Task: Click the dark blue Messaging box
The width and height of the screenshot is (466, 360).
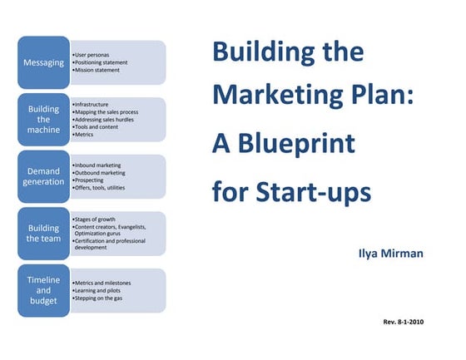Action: coord(43,62)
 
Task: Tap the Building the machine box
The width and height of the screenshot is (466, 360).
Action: coord(43,119)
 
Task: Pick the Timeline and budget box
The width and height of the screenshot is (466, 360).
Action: coord(43,290)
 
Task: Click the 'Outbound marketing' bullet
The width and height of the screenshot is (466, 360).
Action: coord(101,172)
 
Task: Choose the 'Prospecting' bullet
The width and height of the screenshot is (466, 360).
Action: coord(92,180)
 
